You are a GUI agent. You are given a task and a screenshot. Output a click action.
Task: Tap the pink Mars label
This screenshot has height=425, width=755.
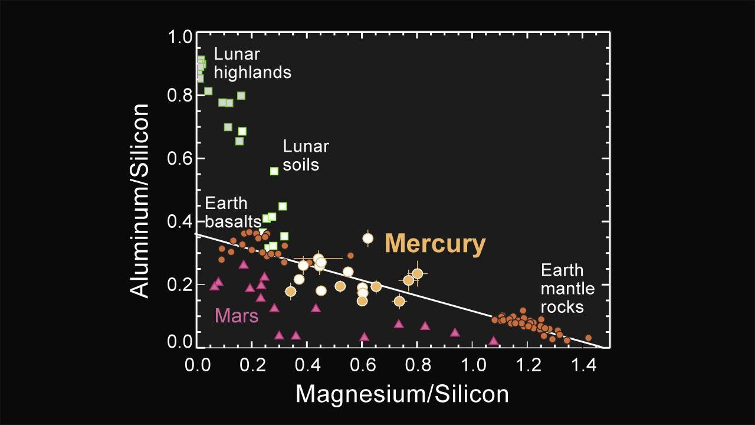[237, 316]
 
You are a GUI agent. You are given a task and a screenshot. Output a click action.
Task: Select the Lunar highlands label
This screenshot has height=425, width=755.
[252, 63]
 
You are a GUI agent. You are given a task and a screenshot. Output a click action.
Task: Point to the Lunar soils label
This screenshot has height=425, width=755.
[306, 155]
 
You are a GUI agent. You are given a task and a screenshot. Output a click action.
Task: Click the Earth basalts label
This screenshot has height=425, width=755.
[232, 212]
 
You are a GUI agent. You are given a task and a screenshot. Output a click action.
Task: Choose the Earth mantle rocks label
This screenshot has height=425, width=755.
[567, 289]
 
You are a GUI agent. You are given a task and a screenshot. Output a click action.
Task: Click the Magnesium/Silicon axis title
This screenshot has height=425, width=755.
[402, 394]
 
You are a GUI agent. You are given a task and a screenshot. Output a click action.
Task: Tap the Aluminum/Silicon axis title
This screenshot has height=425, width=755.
[140, 201]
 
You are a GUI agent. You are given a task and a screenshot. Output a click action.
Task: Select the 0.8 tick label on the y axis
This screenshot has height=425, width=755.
[180, 96]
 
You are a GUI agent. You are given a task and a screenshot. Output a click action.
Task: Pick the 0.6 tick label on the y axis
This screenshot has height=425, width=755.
[180, 159]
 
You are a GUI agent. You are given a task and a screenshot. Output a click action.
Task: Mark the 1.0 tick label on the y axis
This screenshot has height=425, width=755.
[180, 37]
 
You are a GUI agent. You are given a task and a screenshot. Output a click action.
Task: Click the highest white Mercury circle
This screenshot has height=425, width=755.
[368, 238]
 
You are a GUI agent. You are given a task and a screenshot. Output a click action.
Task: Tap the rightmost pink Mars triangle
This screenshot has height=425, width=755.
[494, 341]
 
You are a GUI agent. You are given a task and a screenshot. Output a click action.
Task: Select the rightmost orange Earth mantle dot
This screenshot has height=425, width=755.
[588, 338]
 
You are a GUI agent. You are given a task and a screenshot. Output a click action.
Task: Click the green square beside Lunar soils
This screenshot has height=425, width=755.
[274, 171]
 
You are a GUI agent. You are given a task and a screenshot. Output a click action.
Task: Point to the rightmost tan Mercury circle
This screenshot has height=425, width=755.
[417, 273]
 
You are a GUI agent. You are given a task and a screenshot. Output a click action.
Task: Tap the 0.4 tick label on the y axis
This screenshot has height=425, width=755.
[180, 222]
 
